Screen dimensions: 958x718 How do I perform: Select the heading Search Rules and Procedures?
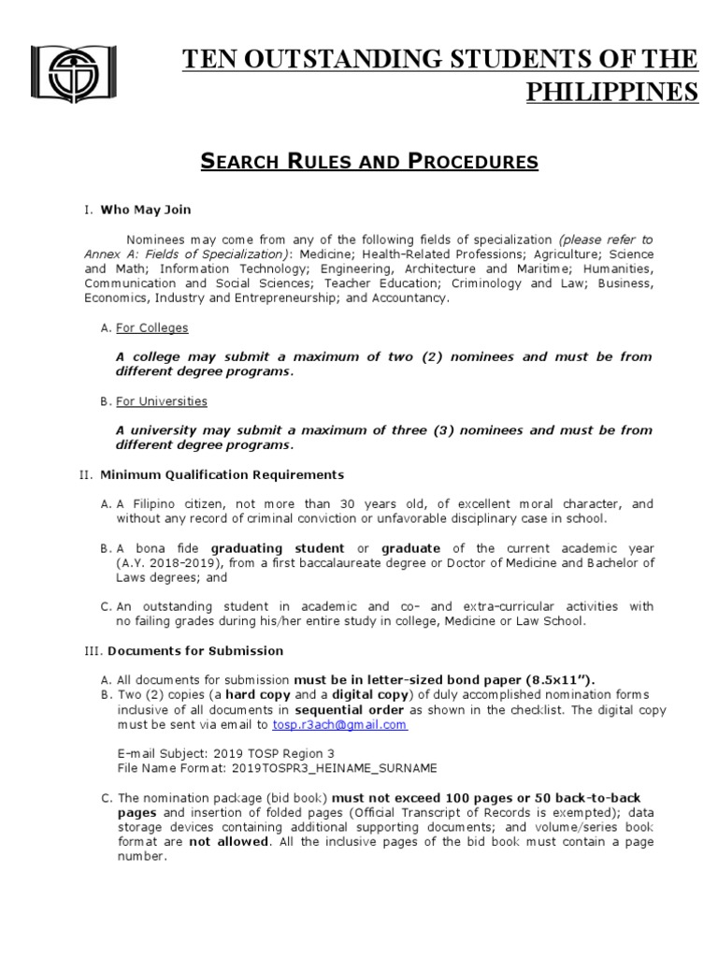tap(369, 161)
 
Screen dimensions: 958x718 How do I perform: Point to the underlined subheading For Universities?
tap(161, 401)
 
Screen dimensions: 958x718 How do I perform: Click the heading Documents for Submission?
tap(195, 650)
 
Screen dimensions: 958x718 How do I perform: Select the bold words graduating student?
tap(277, 547)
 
